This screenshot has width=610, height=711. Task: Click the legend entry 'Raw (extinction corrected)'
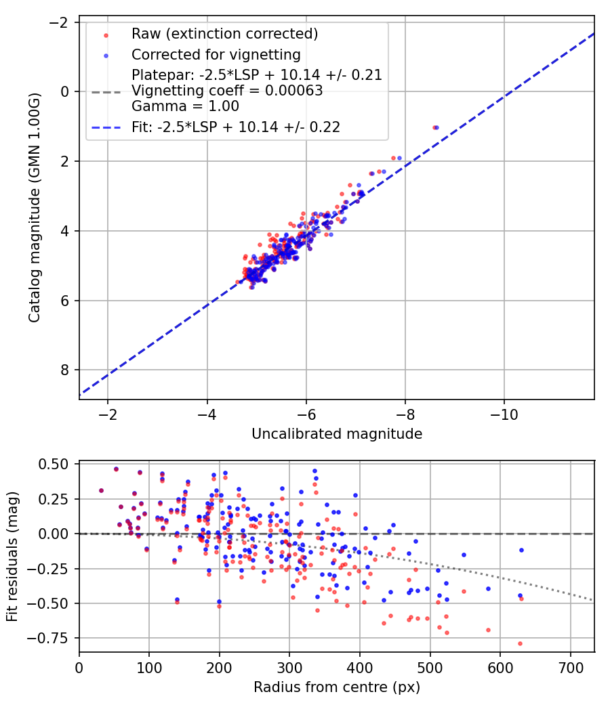point(224,34)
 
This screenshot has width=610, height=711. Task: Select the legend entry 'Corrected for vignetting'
point(216,54)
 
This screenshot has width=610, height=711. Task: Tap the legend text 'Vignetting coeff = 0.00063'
point(227,91)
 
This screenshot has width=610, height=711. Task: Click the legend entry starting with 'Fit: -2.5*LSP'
point(236,127)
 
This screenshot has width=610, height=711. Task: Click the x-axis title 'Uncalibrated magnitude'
point(337,434)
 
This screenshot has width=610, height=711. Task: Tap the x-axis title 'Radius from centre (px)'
point(337,687)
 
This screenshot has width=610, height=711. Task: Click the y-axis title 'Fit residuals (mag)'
point(12,556)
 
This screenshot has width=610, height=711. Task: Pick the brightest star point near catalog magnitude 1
point(436,127)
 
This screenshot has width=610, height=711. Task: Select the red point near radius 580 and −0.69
point(488,630)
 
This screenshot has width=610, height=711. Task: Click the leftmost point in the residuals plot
point(101,490)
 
